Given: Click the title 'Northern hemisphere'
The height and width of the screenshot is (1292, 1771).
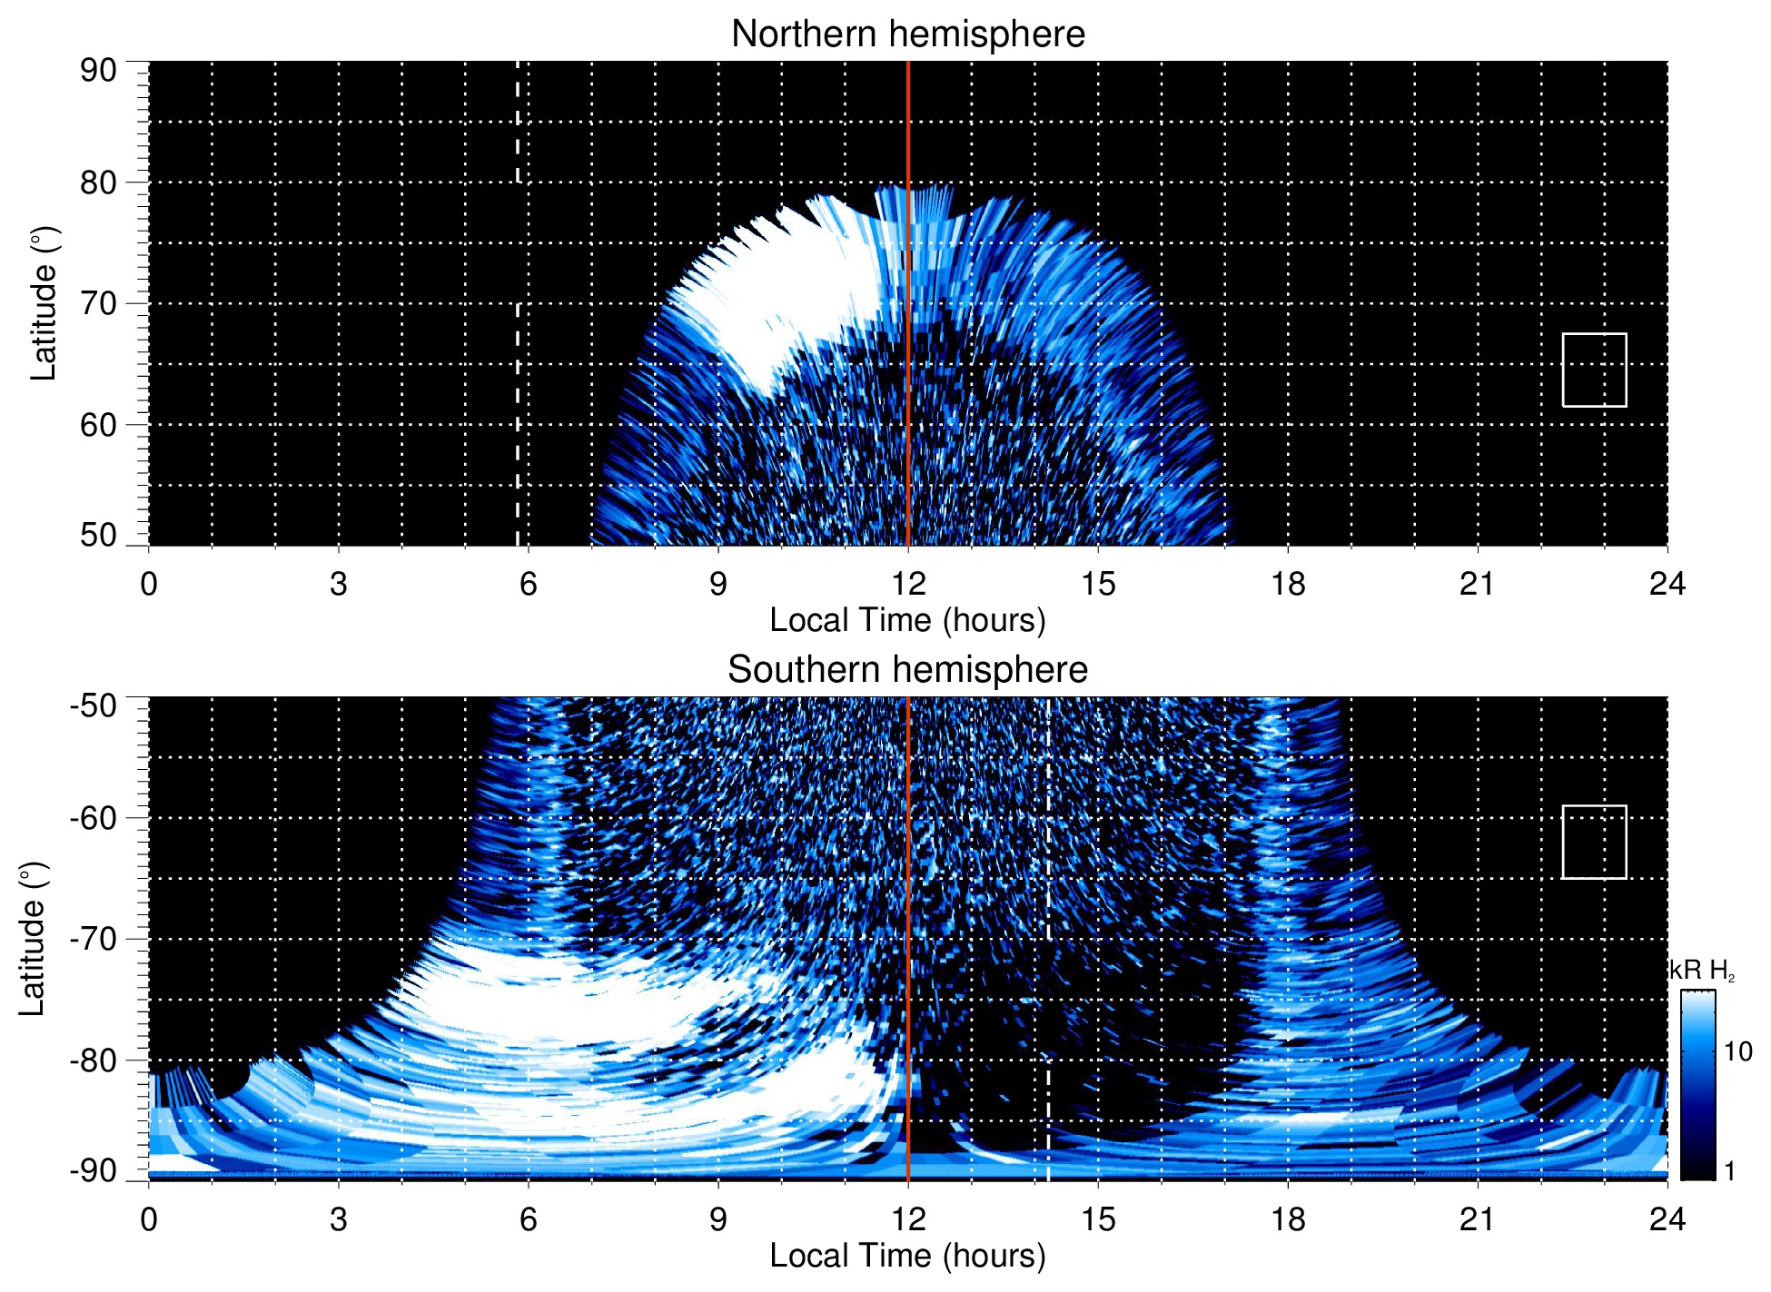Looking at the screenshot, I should pyautogui.click(x=907, y=35).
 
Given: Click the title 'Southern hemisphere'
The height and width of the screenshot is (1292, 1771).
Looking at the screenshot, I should pyautogui.click(x=907, y=670).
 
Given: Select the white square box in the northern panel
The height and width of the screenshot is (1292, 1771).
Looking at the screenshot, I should pyautogui.click(x=1594, y=370).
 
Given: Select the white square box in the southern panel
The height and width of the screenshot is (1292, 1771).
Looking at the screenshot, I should pyautogui.click(x=1594, y=842).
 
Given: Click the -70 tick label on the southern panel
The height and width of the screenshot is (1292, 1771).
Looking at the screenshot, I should pyautogui.click(x=94, y=939).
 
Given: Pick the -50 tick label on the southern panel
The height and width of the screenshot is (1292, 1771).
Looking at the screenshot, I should pyautogui.click(x=94, y=705).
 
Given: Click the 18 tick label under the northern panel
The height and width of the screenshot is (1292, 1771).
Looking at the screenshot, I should pyautogui.click(x=1288, y=584).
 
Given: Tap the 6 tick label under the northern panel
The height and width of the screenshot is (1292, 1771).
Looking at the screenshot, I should pyautogui.click(x=529, y=584).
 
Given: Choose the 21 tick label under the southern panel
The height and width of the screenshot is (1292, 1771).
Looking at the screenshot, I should pyautogui.click(x=1478, y=1219).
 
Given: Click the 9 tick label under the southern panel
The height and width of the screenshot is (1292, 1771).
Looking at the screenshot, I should pyautogui.click(x=718, y=1219).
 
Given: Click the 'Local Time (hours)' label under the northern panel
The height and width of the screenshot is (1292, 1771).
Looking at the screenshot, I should pyautogui.click(x=907, y=620).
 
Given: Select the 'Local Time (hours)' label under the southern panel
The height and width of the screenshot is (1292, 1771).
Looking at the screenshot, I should pyautogui.click(x=907, y=1256).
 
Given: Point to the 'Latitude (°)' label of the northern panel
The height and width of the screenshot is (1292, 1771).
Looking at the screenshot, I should pyautogui.click(x=44, y=303).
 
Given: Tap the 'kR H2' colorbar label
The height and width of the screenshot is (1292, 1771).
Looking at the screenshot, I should pyautogui.click(x=1702, y=971).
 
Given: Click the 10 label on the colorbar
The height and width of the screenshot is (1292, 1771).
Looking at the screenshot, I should pyautogui.click(x=1737, y=1052).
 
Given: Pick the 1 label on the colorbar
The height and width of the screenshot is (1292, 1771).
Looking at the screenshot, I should pyautogui.click(x=1729, y=1171).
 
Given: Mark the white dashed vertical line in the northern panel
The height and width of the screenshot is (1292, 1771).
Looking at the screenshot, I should pyautogui.click(x=518, y=272).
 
